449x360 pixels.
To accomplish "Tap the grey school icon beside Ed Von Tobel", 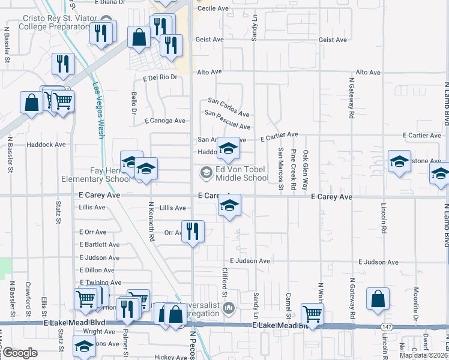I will click(x=206, y=173).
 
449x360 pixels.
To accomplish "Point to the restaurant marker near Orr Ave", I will click(x=193, y=232).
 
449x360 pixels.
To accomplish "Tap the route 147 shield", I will click(x=385, y=326).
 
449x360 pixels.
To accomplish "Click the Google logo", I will click(x=20, y=353).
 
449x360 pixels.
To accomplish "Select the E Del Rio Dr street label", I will click(x=161, y=77).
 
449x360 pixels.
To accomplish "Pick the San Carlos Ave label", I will click(x=228, y=107).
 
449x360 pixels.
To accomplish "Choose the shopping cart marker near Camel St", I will click(x=312, y=313).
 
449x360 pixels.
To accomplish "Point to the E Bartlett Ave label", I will click(x=99, y=245).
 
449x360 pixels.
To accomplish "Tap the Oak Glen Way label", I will click(x=306, y=170).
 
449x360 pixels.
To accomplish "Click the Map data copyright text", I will click(x=424, y=355).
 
